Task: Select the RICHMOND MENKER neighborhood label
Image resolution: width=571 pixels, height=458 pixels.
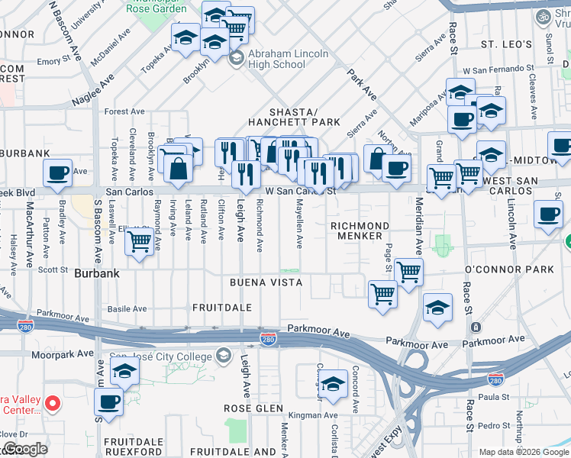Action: (x=360, y=231)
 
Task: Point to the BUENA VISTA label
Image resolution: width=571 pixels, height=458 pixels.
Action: (x=266, y=282)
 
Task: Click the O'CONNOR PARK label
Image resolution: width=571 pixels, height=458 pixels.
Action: (x=508, y=270)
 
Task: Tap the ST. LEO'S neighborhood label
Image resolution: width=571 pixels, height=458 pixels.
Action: (x=505, y=44)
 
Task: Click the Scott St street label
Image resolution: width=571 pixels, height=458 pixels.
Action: (x=53, y=269)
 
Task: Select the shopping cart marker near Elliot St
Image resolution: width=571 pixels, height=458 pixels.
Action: (x=138, y=242)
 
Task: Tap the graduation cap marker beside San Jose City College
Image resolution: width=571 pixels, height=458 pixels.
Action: (x=124, y=373)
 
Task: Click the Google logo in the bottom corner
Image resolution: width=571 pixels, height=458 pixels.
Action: (x=26, y=449)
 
